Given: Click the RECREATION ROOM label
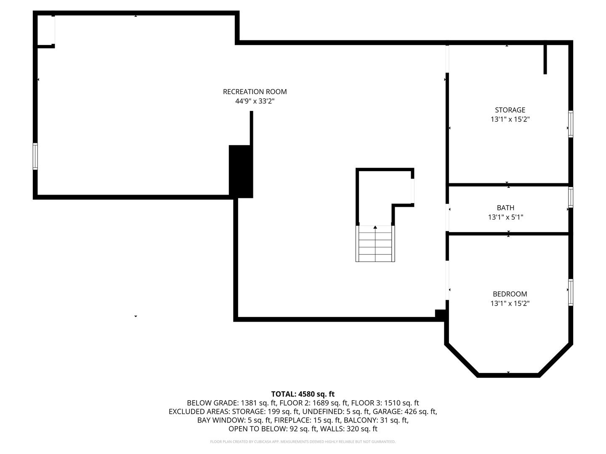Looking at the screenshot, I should click(x=255, y=92).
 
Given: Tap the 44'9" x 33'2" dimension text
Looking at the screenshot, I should click(x=255, y=101).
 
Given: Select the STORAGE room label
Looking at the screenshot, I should click(x=510, y=110).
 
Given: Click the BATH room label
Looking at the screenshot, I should click(x=505, y=208).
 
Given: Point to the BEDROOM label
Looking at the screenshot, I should click(x=510, y=294).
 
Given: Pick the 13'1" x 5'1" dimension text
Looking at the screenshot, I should click(x=505, y=217).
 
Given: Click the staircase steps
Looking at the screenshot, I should click(x=375, y=246).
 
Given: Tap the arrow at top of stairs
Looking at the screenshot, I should click(x=375, y=227).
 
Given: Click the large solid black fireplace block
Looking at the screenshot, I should click(x=241, y=171).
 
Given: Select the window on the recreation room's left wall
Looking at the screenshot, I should click(x=35, y=156).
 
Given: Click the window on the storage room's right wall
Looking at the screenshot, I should click(x=571, y=124).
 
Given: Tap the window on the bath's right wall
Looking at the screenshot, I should click(x=571, y=198).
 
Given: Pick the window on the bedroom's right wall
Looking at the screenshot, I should click(x=571, y=292).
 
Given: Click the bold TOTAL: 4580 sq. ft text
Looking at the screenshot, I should click(x=303, y=394).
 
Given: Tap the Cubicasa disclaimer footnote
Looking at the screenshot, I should click(x=303, y=442).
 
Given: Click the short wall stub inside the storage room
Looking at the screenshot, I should click(x=545, y=59).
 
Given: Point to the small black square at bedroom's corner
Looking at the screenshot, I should click(x=440, y=314).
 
